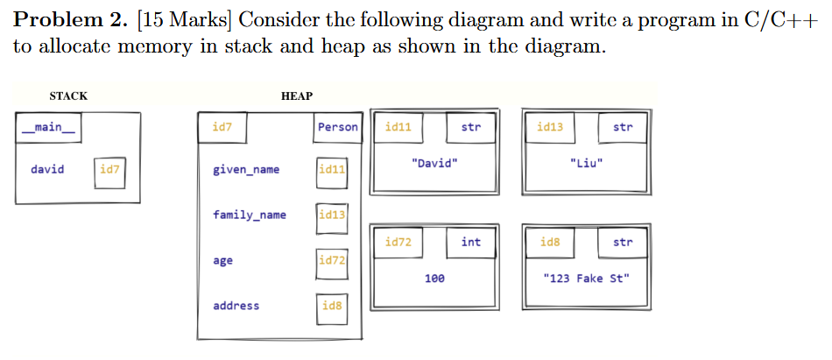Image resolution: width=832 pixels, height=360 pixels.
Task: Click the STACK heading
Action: [x=68, y=96]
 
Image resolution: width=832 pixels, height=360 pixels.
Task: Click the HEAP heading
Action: [x=297, y=96]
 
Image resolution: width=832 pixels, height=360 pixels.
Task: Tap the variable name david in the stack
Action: [x=47, y=169]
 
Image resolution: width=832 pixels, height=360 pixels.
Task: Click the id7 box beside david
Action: [x=109, y=170]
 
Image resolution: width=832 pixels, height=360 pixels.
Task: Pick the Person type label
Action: [x=337, y=128]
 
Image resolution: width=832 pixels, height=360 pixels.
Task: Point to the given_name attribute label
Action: [x=246, y=170]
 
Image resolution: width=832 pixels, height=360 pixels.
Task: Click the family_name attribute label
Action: [x=250, y=215]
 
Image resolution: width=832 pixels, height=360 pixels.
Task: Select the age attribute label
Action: [x=222, y=261]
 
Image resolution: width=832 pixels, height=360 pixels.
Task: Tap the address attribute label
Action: [x=236, y=306]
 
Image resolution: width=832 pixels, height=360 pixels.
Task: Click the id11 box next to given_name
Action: [x=332, y=170]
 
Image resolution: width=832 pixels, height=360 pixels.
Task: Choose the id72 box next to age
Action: [x=332, y=261]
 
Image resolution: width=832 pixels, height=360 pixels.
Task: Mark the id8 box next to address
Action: [x=332, y=306]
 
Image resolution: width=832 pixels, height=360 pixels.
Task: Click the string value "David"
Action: [x=434, y=164]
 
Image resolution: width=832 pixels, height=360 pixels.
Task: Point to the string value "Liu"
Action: [x=586, y=164]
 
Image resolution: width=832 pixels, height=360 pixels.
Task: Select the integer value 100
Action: [x=434, y=279]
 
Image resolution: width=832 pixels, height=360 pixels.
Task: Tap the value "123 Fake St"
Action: [x=586, y=279]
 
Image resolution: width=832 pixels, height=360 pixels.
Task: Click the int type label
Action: [x=471, y=243]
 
